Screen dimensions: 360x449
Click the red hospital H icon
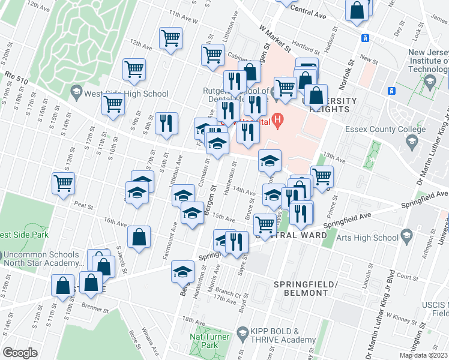click(277, 119)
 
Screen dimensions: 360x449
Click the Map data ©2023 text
click(423, 355)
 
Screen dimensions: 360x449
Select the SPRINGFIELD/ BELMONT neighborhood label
click(301, 288)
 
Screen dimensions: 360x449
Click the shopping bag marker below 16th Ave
click(139, 236)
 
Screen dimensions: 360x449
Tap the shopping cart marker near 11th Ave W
click(170, 38)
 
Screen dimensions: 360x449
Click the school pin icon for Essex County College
click(411, 142)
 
